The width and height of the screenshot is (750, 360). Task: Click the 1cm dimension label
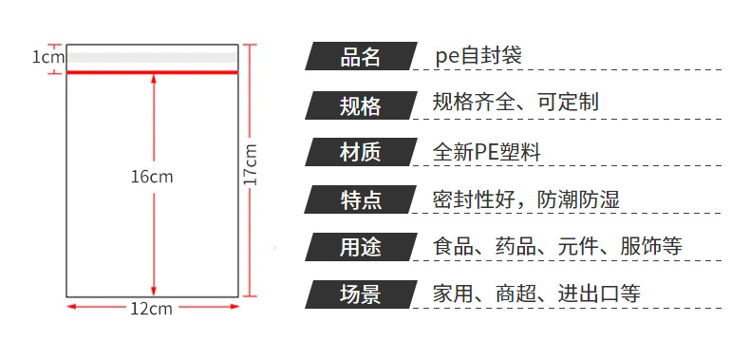[47, 57]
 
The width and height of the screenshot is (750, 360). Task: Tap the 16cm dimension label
[152, 177]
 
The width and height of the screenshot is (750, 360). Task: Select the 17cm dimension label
[251, 164]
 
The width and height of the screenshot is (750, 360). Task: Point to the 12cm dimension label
[151, 309]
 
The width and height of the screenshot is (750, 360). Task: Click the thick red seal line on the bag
[152, 72]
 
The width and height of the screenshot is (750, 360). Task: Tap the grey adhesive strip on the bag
[152, 58]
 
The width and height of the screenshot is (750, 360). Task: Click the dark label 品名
[361, 56]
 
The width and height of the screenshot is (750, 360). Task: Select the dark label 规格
[361, 104]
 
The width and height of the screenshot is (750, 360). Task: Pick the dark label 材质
[361, 152]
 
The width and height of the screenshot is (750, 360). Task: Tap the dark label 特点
[361, 199]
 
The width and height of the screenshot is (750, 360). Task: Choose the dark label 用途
[361, 247]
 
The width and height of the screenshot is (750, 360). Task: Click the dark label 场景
[361, 294]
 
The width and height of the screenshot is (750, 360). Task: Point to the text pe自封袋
[478, 55]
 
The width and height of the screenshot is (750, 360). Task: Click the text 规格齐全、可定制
[516, 103]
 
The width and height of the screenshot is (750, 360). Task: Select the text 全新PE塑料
[486, 152]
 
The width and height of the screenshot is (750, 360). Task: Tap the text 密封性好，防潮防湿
[526, 199]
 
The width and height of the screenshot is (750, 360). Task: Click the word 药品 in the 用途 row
[516, 247]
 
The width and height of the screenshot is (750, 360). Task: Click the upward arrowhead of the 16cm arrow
[154, 79]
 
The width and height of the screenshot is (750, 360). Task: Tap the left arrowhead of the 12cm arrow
[71, 307]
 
